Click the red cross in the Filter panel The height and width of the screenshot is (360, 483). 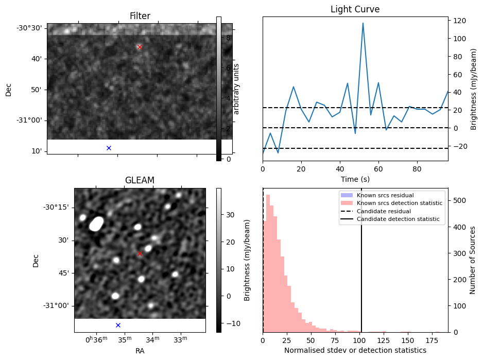tap(140, 47)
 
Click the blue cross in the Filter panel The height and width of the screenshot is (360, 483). tap(109, 148)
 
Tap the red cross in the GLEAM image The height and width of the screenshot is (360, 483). tap(140, 254)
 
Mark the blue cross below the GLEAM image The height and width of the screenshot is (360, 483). tap(118, 325)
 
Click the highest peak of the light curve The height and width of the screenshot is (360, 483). tap(363, 23)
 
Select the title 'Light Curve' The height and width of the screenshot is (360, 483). tap(355, 9)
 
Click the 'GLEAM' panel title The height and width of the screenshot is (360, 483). tap(140, 180)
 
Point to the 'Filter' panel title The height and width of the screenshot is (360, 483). tap(140, 16)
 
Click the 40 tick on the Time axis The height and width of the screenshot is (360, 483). tap(340, 169)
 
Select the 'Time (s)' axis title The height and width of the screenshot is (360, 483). tap(355, 179)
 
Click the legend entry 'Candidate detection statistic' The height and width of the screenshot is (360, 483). tap(398, 219)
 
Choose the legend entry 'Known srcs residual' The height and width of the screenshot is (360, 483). tap(385, 195)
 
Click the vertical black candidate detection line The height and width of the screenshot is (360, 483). tap(361, 260)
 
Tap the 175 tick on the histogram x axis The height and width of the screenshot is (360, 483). tap(432, 340)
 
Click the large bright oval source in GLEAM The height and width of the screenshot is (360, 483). tap(96, 224)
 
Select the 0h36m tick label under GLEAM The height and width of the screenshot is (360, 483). tap(96, 339)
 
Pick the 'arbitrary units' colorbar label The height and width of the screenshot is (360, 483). tap(236, 89)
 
